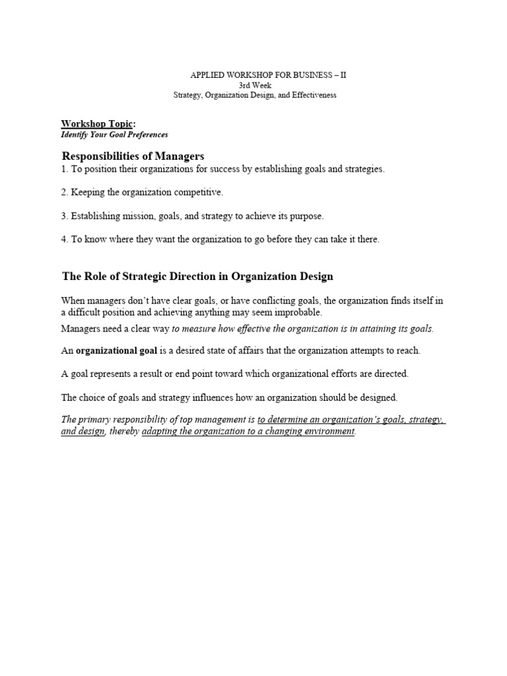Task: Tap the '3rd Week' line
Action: coord(254,85)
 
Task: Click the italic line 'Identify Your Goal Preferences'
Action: coord(114,135)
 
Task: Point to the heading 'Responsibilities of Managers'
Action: coord(133,156)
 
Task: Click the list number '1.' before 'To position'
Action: coord(65,169)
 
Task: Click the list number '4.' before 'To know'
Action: coord(65,240)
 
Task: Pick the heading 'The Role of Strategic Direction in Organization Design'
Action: coord(197,276)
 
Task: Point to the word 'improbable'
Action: coord(301,313)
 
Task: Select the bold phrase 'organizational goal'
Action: coord(116,351)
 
